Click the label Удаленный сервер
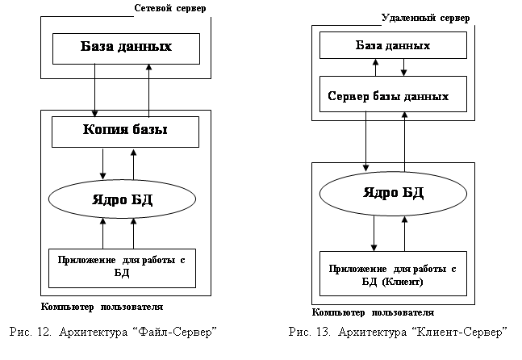pyautogui.click(x=425, y=16)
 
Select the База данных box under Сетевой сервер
pyautogui.click(x=126, y=48)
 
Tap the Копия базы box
pyautogui.click(x=125, y=131)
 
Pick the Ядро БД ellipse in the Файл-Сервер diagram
pyautogui.click(x=126, y=197)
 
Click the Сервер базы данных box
pyautogui.click(x=389, y=96)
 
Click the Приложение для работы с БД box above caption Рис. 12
pyautogui.click(x=122, y=266)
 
